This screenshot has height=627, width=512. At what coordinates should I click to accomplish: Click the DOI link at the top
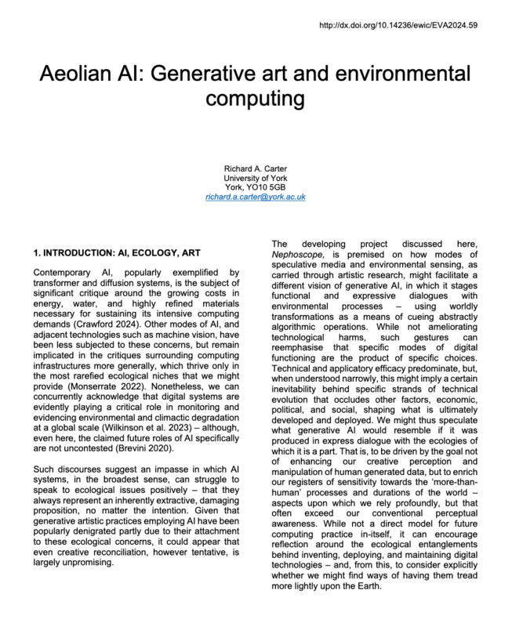410,26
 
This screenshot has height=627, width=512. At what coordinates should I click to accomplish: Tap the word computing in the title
254,101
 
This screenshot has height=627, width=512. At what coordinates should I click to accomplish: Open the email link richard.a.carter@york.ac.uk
255,198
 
